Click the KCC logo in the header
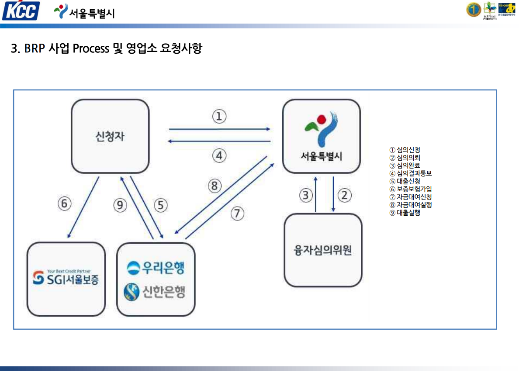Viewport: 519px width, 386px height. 21,11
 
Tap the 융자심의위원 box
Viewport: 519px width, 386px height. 323,250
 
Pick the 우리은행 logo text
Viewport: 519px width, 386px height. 156,267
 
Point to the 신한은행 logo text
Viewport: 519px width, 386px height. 156,291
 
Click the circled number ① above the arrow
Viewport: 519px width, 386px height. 219,116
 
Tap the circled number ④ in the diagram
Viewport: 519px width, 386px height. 219,155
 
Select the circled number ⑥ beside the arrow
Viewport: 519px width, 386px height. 65,204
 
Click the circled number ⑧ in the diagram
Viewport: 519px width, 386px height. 214,186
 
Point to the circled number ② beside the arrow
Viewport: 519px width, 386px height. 344,195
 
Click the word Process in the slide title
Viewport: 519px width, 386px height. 90,48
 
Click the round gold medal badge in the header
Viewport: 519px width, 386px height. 473,10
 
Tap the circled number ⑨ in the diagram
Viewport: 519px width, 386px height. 120,205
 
